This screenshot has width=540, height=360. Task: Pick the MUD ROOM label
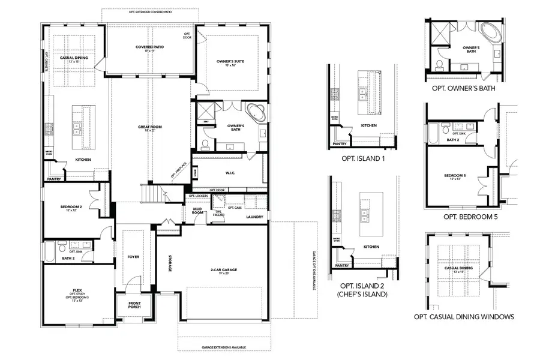pos(197,211)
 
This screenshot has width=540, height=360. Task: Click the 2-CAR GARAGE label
pos(224,270)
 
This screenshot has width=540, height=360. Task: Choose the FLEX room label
pos(77,290)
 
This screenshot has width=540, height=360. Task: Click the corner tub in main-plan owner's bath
pos(256,113)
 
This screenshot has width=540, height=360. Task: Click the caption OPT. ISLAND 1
pos(362,158)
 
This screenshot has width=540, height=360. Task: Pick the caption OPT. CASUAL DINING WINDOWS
pos(464,317)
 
